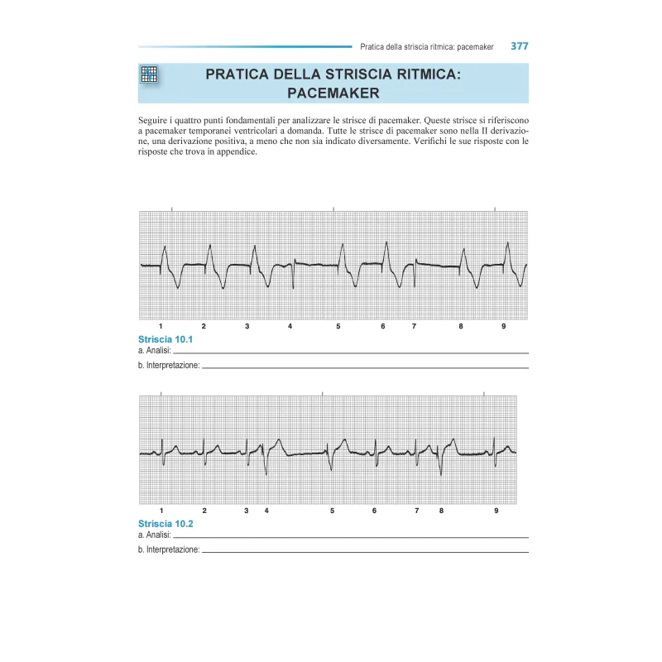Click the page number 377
point(519,46)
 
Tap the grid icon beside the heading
point(149,74)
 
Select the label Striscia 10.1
point(165,340)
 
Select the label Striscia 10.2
point(165,524)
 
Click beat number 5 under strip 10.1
point(338,327)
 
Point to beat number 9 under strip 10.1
point(503,327)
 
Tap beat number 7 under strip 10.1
point(414,327)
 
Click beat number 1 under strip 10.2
point(161,511)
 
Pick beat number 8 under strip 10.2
point(441,511)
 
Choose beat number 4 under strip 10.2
point(266,511)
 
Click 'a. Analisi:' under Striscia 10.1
point(156,351)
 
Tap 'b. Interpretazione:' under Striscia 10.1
point(169,365)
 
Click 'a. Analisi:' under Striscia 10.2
point(156,535)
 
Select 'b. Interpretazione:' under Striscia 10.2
point(169,549)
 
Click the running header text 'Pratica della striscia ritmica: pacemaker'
point(422,47)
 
